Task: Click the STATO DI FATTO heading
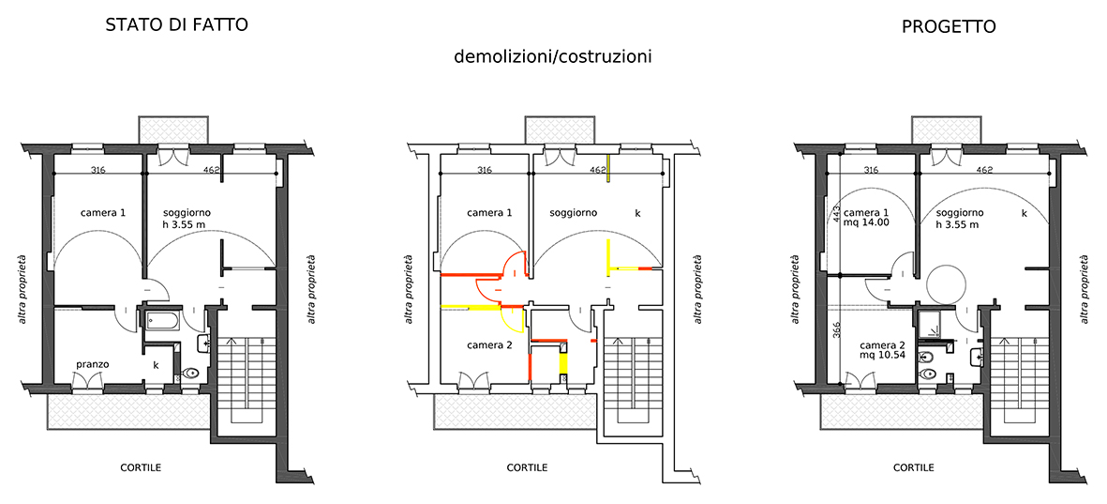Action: click(176, 24)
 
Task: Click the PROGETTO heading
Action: click(949, 27)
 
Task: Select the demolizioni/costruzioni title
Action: click(553, 56)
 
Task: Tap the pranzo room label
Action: click(93, 364)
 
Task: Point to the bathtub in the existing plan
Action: click(161, 322)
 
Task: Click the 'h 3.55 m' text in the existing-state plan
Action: click(184, 225)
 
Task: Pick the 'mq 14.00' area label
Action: click(867, 221)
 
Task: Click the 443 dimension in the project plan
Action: click(834, 212)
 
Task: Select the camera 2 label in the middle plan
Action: click(489, 345)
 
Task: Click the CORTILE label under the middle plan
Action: click(527, 468)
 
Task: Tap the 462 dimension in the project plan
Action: click(984, 170)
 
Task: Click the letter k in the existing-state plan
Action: click(156, 365)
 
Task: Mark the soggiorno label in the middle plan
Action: click(574, 212)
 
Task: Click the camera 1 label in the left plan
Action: click(103, 212)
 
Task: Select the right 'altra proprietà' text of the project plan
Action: click(1085, 289)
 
